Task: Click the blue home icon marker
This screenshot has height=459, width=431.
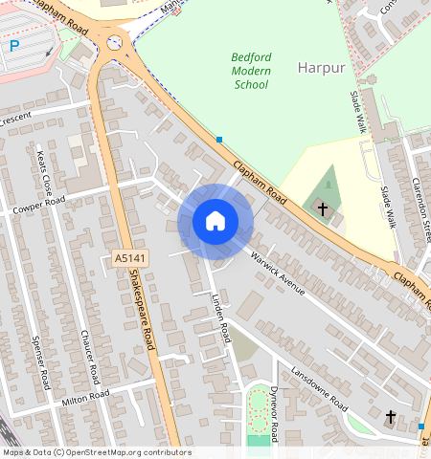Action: pyautogui.click(x=215, y=222)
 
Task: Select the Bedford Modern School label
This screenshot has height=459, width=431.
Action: pyautogui.click(x=252, y=71)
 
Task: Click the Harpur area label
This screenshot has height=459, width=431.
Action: pyautogui.click(x=319, y=68)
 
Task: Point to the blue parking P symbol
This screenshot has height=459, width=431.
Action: pyautogui.click(x=14, y=46)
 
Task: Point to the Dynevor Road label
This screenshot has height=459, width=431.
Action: pyautogui.click(x=273, y=414)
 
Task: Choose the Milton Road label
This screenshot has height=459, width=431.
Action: pyautogui.click(x=81, y=397)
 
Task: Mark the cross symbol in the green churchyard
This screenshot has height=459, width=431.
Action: pyautogui.click(x=323, y=207)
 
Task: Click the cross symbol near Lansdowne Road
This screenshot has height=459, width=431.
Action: pyautogui.click(x=390, y=416)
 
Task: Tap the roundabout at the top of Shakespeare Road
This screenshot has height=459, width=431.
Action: pyautogui.click(x=116, y=42)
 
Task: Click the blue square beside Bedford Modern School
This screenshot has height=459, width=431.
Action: pyautogui.click(x=219, y=140)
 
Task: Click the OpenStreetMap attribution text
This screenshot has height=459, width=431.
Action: pyautogui.click(x=96, y=452)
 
